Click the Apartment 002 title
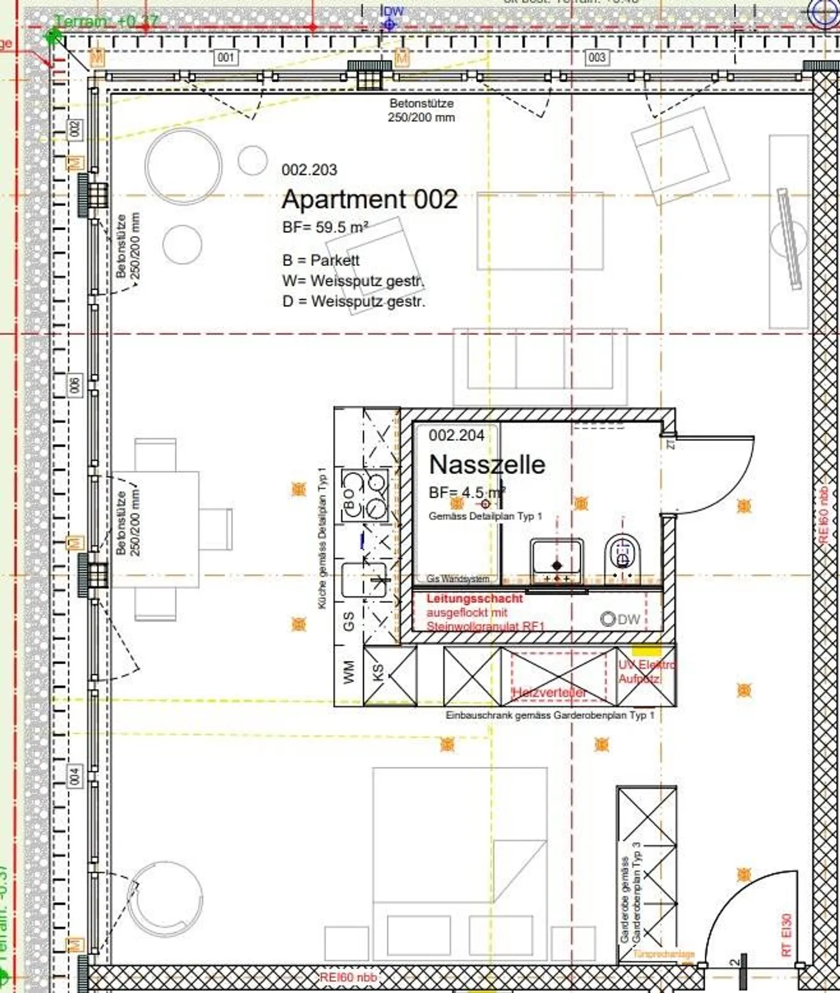[369, 200]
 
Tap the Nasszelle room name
[487, 465]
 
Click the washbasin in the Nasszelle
[556, 559]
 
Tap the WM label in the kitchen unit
[349, 671]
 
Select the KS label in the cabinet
[379, 672]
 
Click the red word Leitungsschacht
[475, 598]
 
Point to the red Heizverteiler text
[549, 692]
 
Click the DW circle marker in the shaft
[608, 619]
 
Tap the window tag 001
[226, 57]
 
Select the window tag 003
[597, 57]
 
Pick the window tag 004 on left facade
[75, 776]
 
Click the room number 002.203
[309, 170]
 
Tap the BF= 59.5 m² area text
[325, 227]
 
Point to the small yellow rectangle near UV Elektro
[646, 651]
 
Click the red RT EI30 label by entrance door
[786, 935]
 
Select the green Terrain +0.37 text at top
[106, 22]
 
